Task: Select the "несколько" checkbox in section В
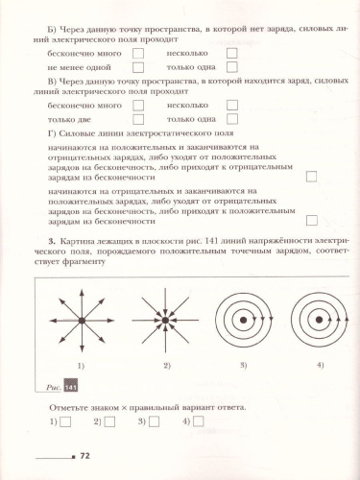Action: point(230,104)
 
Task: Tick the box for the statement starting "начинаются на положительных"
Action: point(310,176)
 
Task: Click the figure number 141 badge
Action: point(69,387)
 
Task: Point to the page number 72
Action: point(84,456)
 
